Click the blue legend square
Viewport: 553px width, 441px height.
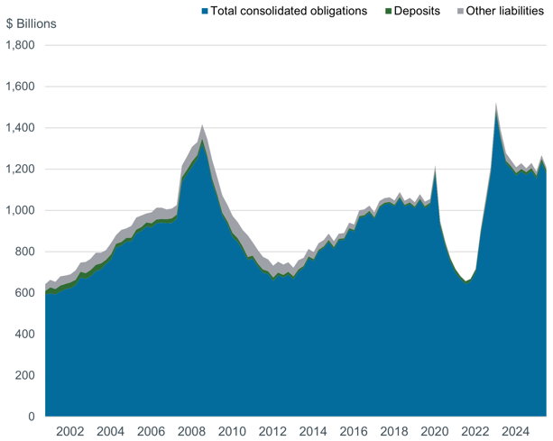pyautogui.click(x=204, y=11)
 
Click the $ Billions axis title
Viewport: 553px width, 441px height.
pyautogui.click(x=31, y=23)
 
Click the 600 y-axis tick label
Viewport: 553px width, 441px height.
pyautogui.click(x=25, y=293)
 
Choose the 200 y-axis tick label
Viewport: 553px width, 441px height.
pyautogui.click(x=25, y=375)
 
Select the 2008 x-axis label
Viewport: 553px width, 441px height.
pyautogui.click(x=191, y=431)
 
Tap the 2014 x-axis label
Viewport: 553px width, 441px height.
pyautogui.click(x=313, y=431)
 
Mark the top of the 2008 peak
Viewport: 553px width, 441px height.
pyautogui.click(x=202, y=125)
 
